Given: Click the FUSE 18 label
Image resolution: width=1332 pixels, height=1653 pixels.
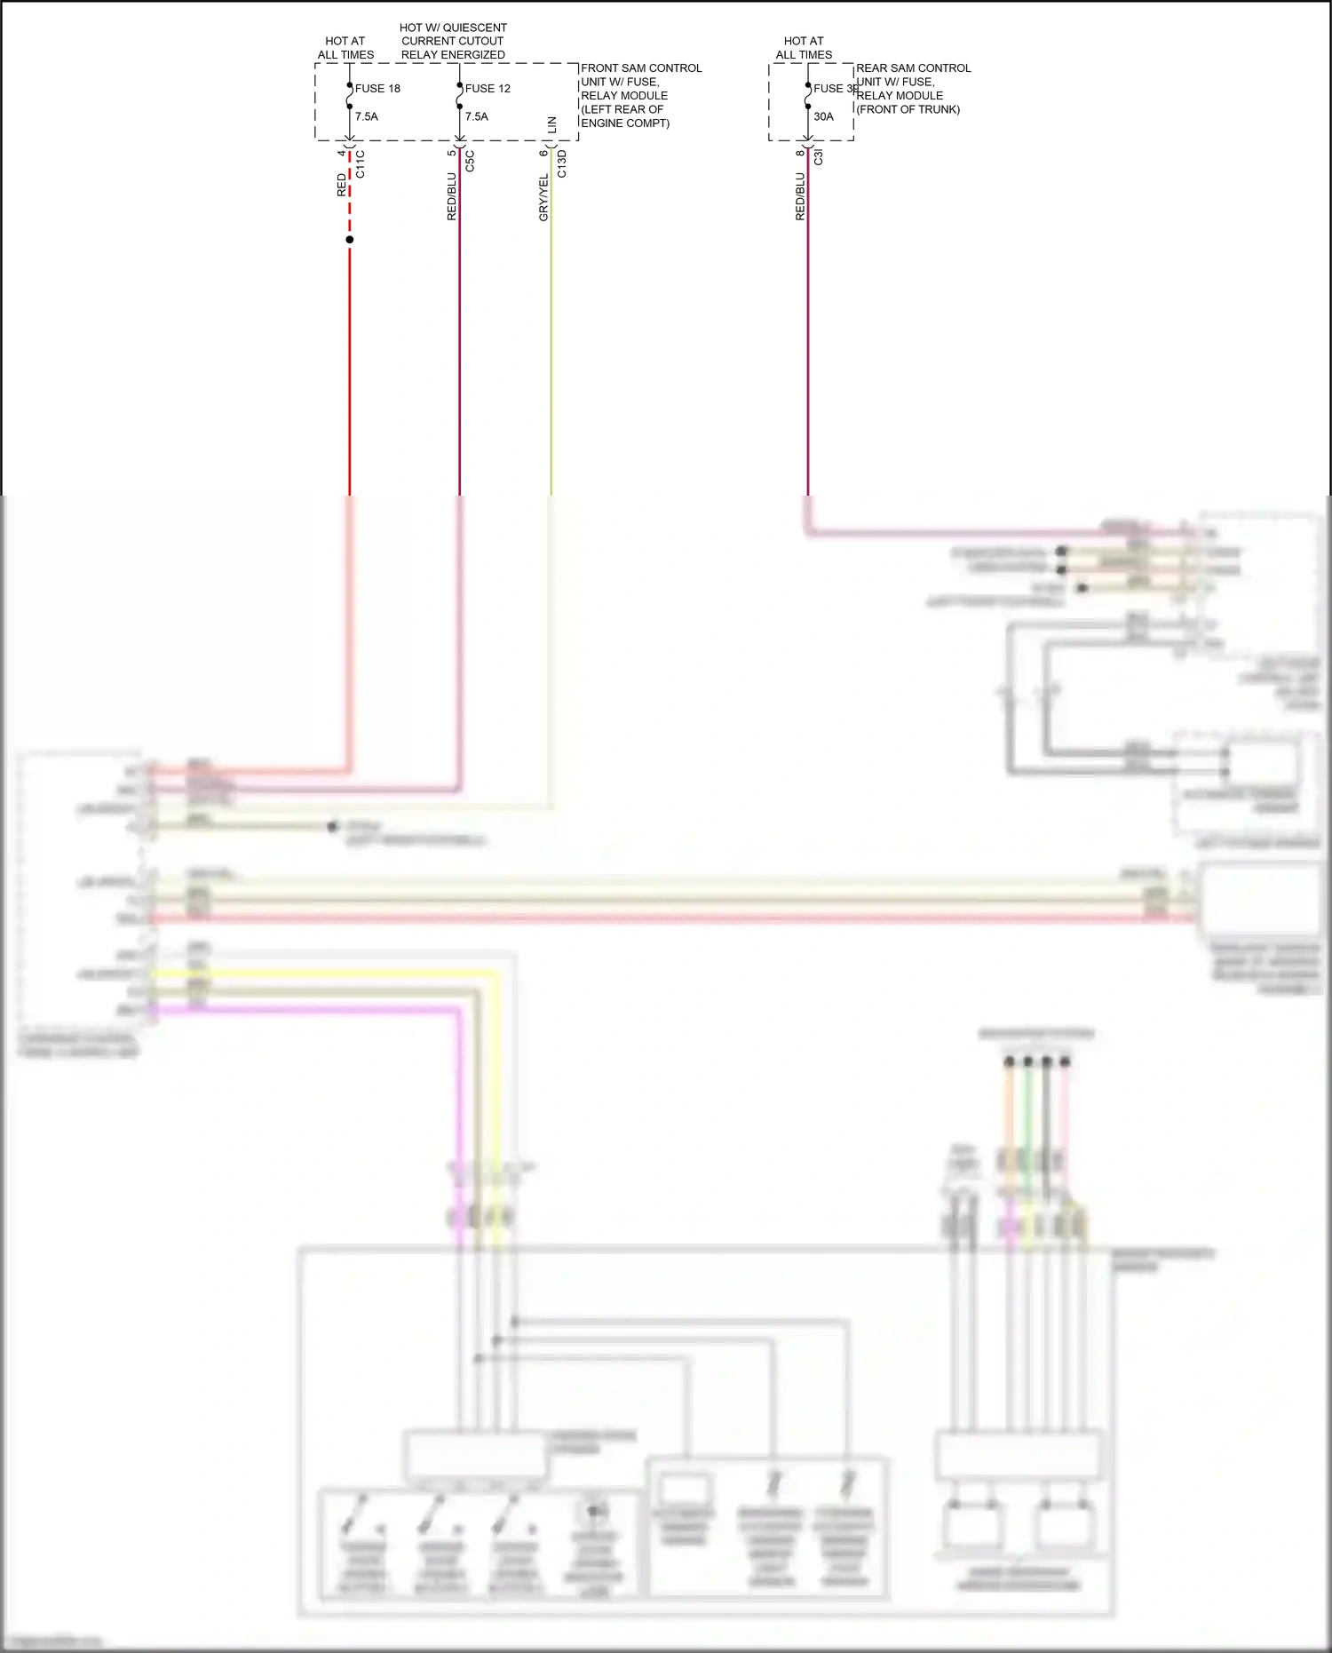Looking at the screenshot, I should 377,89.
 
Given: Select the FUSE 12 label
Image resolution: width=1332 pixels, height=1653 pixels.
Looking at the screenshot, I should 488,89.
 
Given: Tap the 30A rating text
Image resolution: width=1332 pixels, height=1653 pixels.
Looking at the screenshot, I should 823,116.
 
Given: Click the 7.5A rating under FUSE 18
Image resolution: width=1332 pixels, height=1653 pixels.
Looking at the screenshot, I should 366,116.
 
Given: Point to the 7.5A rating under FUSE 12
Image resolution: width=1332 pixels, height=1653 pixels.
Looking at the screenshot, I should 476,116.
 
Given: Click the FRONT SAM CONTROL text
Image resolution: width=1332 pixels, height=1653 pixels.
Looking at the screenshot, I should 640,68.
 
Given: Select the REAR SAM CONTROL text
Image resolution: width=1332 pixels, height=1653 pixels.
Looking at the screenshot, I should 913,68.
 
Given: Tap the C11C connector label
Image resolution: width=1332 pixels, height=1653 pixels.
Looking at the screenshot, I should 361,164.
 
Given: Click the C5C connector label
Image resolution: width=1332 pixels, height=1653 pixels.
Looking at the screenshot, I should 471,162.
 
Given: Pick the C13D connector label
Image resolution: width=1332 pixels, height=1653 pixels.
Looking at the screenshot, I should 562,164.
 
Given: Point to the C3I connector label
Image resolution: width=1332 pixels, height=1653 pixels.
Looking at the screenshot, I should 819,157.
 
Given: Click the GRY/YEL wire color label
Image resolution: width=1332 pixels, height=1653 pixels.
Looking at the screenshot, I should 543,197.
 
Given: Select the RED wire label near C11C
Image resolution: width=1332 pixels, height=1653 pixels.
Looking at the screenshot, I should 342,185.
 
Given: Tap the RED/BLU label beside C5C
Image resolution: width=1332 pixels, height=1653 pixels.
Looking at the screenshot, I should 452,196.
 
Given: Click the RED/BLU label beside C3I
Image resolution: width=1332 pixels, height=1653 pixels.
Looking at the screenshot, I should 800,196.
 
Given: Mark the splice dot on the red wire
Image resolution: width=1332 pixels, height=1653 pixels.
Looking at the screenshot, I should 350,240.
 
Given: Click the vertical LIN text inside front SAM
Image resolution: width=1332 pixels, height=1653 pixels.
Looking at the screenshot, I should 552,125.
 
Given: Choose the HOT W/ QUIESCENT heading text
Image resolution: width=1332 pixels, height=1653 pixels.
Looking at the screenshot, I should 453,28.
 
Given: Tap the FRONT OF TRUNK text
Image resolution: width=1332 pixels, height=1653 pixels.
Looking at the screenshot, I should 908,109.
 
